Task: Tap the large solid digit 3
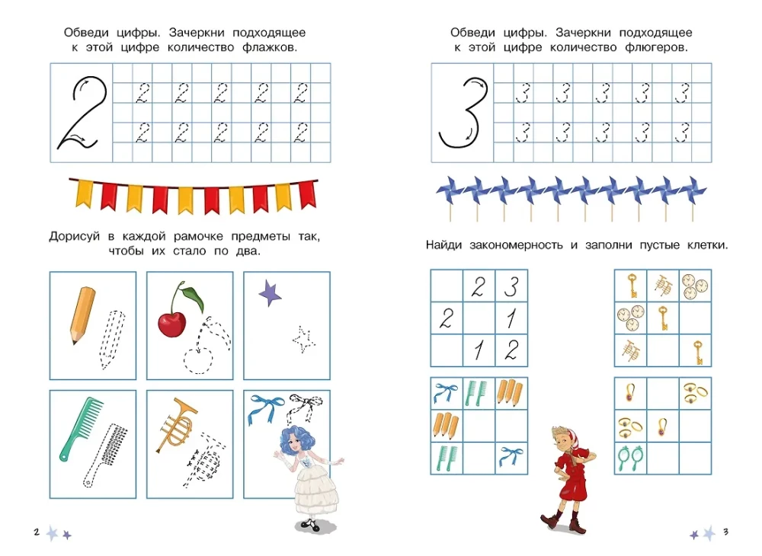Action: coord(462,112)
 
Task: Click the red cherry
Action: coord(173,322)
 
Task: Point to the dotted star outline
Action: coord(304,340)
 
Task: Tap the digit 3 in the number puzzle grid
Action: coord(511,286)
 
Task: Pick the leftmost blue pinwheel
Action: coord(447,189)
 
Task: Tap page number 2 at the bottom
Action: coord(37,532)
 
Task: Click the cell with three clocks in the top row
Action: coord(695,285)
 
